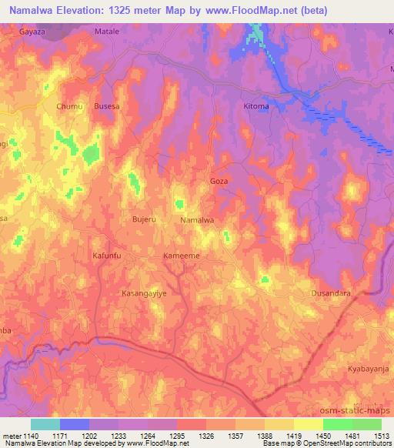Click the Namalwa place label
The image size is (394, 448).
pos(196,220)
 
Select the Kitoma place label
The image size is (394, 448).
pos(255,105)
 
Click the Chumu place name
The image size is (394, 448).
pos(69,108)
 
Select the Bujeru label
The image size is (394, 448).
pos(144,220)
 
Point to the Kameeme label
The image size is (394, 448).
pos(182,256)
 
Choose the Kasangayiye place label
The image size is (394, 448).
pos(144,293)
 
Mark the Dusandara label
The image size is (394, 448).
pos(331,293)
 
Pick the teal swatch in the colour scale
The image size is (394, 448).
pos(45,425)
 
